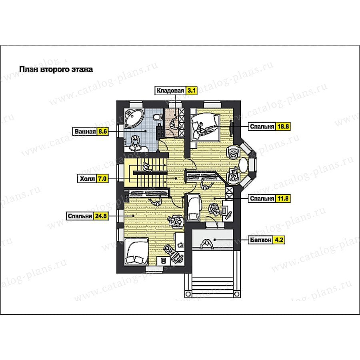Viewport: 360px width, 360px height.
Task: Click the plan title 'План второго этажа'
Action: [56, 69]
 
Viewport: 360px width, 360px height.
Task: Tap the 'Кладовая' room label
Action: [170, 91]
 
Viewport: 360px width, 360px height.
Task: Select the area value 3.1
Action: [191, 91]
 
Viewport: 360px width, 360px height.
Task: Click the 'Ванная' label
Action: [85, 132]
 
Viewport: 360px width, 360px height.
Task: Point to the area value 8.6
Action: [103, 132]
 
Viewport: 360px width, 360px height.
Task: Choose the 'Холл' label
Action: [88, 178]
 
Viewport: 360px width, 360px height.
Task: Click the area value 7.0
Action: [103, 178]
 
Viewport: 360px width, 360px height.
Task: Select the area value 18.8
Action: [283, 126]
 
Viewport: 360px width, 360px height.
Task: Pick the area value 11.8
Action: [283, 198]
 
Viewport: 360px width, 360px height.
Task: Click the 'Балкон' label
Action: [260, 240]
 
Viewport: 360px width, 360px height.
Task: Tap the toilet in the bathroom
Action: [156, 116]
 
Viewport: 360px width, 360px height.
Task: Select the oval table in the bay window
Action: [244, 165]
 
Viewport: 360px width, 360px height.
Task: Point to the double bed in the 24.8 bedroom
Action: [137, 252]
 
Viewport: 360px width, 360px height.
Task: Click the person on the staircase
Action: [146, 167]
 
